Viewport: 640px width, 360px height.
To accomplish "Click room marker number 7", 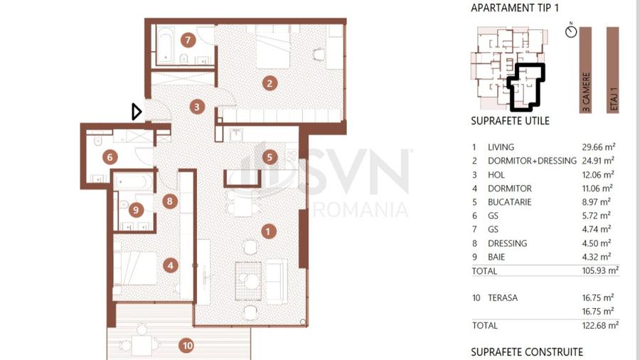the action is (x=188, y=40).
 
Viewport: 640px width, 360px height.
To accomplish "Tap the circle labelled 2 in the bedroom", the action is (x=270, y=84).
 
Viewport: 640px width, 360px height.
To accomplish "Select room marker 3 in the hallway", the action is (x=197, y=107).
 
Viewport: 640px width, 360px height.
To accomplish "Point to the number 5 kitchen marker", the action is (x=270, y=157).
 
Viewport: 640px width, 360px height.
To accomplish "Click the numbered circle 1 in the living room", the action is (x=268, y=232).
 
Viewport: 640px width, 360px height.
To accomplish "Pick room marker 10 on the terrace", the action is (x=187, y=346).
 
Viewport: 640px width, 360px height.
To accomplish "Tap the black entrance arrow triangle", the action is (x=137, y=112).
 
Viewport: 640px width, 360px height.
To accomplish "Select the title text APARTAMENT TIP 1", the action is (x=515, y=8).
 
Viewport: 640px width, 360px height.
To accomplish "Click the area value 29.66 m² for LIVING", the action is (x=598, y=147).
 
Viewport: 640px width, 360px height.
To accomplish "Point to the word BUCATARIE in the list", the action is (x=509, y=202).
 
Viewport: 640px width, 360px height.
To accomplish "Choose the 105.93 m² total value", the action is (x=600, y=270).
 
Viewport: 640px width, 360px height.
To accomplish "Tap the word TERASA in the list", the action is (x=503, y=298).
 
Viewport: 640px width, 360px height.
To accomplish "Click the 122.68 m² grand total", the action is (x=600, y=325).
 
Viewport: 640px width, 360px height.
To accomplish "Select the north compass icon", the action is (x=571, y=31).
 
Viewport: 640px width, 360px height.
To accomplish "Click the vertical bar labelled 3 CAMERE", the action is (x=585, y=70).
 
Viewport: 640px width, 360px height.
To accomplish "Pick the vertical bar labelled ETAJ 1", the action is (x=613, y=70).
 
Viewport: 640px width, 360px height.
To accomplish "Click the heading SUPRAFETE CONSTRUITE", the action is (x=527, y=352).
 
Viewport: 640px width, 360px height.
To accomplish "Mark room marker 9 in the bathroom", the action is (x=136, y=210).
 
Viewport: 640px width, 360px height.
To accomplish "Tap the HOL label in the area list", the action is (x=496, y=175).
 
